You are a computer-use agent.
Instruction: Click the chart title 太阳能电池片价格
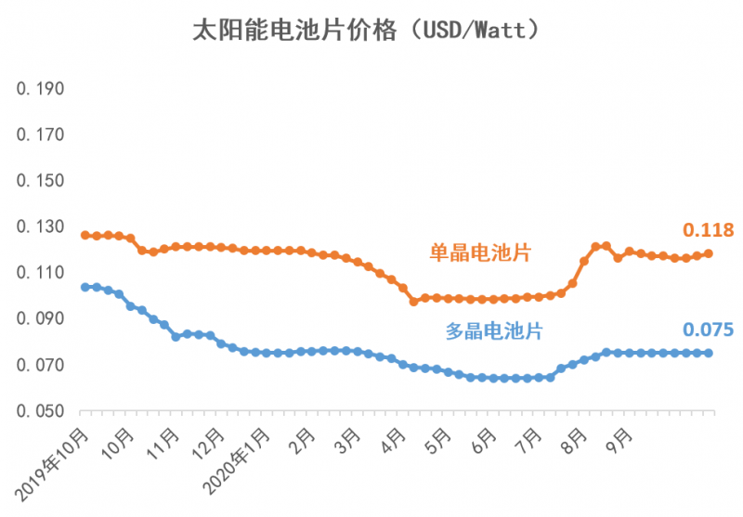[366, 30]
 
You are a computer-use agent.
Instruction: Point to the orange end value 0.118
[709, 230]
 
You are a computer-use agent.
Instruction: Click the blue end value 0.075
[709, 330]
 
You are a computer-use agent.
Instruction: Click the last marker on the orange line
[710, 253]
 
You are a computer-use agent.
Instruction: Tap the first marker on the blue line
[85, 287]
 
